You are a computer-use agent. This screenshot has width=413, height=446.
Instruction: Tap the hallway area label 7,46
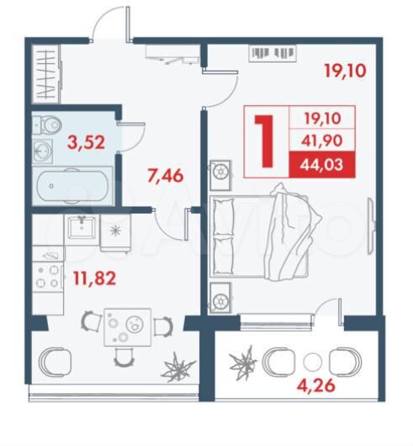point(164,177)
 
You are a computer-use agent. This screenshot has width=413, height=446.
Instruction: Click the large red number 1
point(266,141)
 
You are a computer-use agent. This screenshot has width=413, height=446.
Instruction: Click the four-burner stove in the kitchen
point(48,275)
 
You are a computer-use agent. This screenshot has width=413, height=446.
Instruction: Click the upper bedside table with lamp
point(221,172)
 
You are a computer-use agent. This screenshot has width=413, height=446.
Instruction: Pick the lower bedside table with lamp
point(221,297)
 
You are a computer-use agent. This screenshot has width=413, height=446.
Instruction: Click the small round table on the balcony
point(313,364)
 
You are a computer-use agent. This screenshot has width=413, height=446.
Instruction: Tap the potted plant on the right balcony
point(246,364)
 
